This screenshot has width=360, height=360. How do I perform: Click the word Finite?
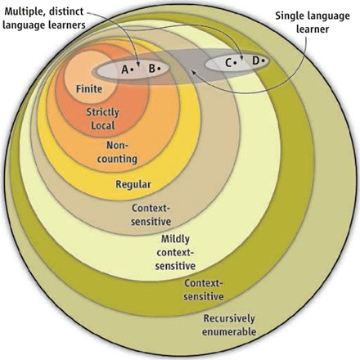(x=89, y=89)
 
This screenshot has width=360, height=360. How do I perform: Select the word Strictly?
(x=103, y=112)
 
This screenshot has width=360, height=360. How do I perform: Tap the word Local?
(x=103, y=125)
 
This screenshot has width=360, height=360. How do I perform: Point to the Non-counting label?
(x=117, y=152)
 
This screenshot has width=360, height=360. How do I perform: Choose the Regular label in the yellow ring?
(x=133, y=184)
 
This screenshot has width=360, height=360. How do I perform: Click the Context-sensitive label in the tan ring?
(x=151, y=214)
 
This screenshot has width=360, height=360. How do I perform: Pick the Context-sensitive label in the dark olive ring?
(x=204, y=290)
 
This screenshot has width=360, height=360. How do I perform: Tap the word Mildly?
(x=175, y=239)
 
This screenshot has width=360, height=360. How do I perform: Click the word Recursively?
(x=229, y=318)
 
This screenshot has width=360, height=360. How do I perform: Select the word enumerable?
(x=229, y=331)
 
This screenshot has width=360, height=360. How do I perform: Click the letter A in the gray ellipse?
(x=124, y=70)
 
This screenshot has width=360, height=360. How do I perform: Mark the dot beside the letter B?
(x=159, y=68)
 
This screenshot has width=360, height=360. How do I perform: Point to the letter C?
(x=228, y=63)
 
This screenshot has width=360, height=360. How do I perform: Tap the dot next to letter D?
(x=263, y=61)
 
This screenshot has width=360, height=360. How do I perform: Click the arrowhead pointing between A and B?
(x=138, y=64)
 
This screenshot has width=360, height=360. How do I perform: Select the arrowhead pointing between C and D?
(x=241, y=56)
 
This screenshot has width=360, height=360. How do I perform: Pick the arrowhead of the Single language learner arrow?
(x=193, y=73)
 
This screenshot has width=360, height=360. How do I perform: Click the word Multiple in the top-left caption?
(x=23, y=11)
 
